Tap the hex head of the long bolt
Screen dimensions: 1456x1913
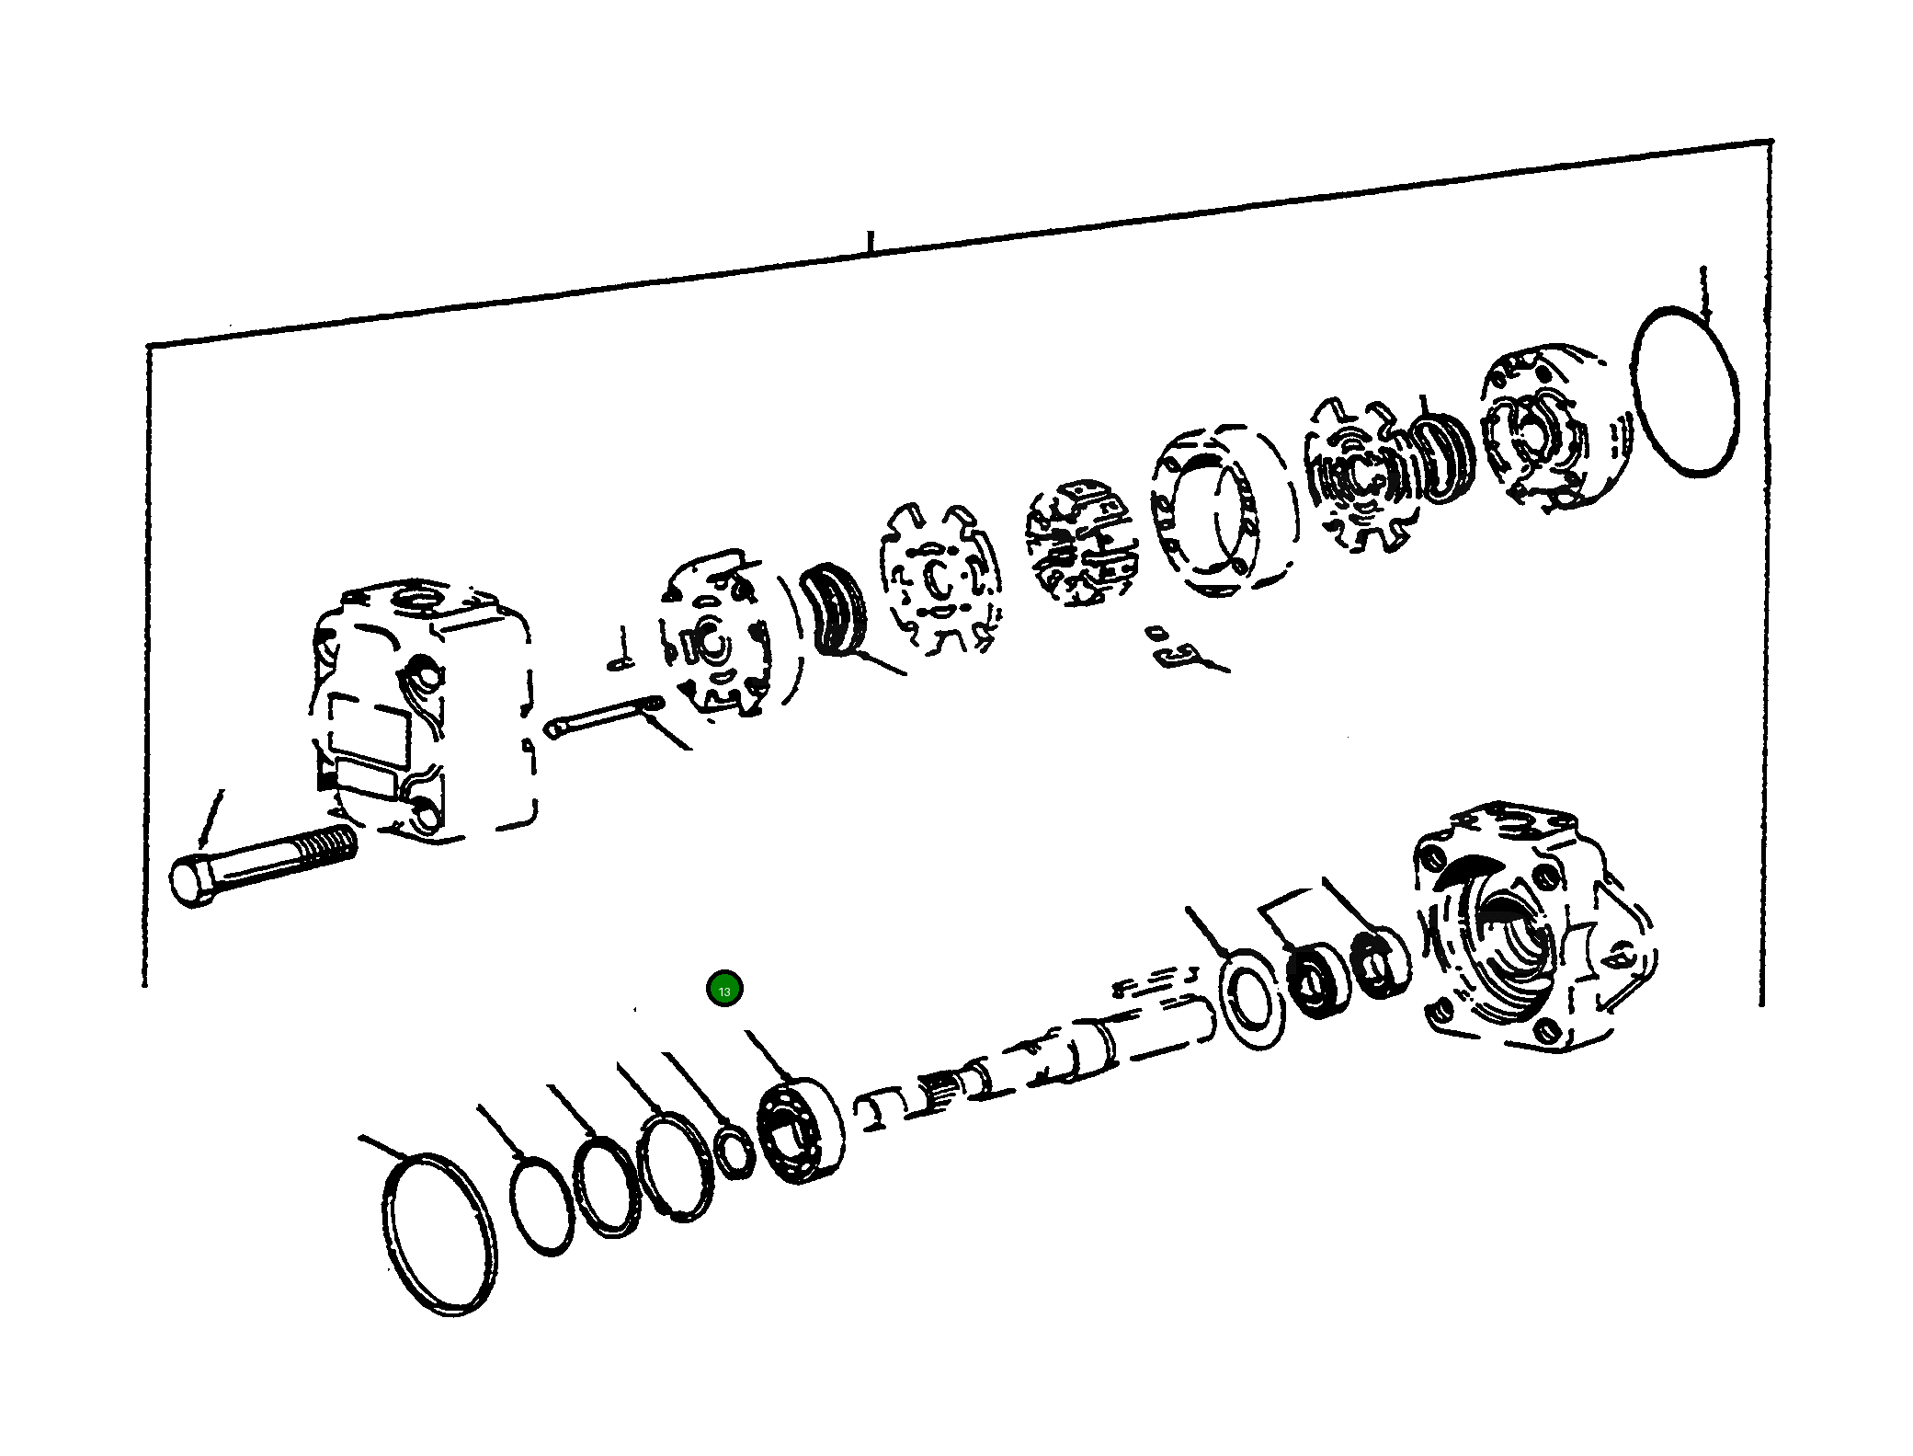pos(191,881)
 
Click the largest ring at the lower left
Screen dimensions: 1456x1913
pos(438,1232)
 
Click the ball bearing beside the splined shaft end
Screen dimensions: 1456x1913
pos(800,1129)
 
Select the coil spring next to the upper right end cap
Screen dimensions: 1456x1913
pos(1443,457)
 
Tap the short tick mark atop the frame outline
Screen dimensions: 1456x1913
pos(870,241)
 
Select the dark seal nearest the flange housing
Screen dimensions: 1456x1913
pos(1380,963)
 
